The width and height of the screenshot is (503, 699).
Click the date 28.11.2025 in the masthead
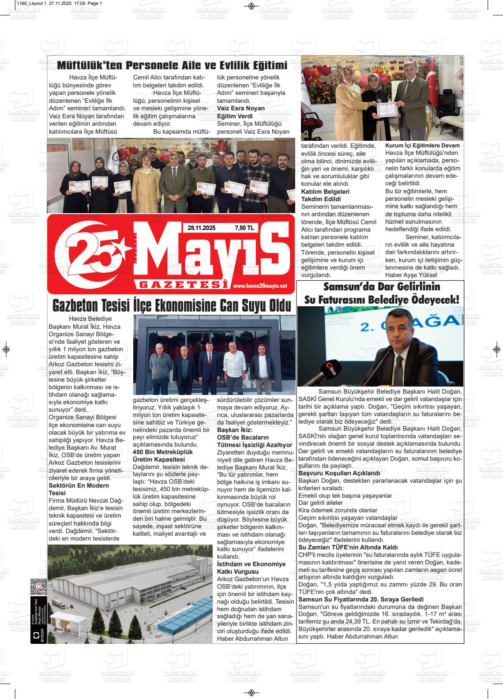pos(201,228)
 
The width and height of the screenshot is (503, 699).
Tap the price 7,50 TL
pos(244,228)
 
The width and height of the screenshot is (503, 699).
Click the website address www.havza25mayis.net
pos(260,286)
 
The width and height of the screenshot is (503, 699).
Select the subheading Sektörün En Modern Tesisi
pos(79,489)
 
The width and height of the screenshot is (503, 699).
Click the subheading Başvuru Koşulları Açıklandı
pos(339,473)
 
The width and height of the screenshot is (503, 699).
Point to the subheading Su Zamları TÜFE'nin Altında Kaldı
pos(348,547)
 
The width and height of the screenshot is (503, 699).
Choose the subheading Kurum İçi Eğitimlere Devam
pos(422,146)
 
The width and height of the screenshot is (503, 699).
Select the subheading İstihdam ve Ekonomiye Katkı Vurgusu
pos(251,567)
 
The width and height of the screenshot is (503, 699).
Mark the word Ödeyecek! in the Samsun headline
pos(435,300)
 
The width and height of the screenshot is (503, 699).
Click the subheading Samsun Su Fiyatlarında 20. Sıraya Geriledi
pos(361,599)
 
